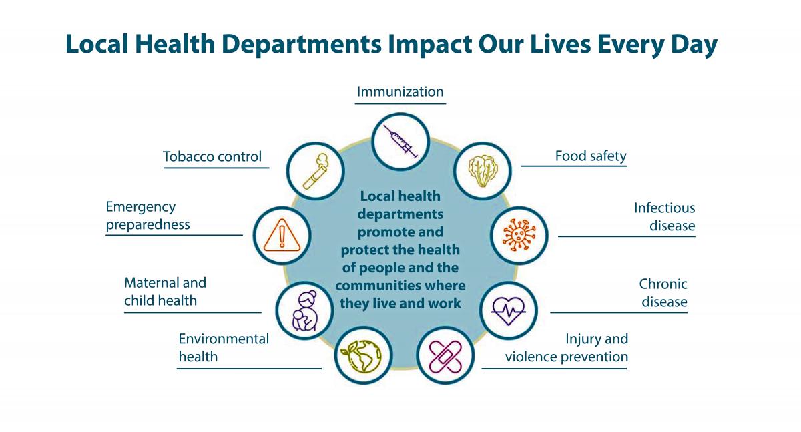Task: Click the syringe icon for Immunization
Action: click(400, 142)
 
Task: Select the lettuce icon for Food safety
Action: click(483, 171)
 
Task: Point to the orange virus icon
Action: click(519, 235)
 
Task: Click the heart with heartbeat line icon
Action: click(508, 310)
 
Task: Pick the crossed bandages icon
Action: click(445, 356)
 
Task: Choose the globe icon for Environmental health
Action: click(361, 356)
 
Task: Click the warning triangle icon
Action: click(282, 235)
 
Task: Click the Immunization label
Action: click(400, 92)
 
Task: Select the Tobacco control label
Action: click(212, 156)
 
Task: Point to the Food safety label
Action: click(591, 156)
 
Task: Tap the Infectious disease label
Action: click(664, 217)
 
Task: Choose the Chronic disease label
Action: click(663, 293)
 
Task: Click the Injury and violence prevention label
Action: click(567, 348)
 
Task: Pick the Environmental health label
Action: click(224, 348)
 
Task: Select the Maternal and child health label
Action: click(166, 292)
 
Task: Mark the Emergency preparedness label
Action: click(148, 216)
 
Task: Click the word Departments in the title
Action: click(302, 44)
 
